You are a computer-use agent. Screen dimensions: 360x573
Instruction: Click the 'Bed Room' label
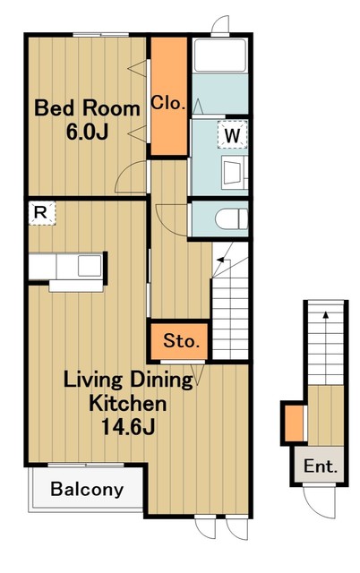(87, 108)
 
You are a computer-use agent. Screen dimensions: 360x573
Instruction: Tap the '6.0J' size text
(88, 132)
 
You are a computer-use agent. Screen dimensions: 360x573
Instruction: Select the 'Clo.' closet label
(168, 103)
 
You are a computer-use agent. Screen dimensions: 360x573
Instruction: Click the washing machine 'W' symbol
(233, 134)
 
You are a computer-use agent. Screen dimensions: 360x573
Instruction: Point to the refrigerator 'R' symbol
(41, 213)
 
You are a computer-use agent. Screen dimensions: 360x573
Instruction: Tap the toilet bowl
(231, 219)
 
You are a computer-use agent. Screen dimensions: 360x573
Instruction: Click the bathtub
(220, 55)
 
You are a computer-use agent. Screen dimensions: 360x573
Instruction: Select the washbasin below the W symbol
(235, 172)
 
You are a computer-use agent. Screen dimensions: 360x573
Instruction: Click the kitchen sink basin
(90, 266)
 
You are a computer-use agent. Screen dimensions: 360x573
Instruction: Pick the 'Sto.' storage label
(182, 340)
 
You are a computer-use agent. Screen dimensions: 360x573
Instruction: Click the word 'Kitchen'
(128, 404)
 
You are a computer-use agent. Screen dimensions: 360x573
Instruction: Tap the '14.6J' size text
(128, 426)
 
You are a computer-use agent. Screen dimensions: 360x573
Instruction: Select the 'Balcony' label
(87, 489)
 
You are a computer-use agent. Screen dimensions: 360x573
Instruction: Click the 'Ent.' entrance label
(321, 466)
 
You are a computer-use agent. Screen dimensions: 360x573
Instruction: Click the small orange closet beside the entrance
(294, 423)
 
